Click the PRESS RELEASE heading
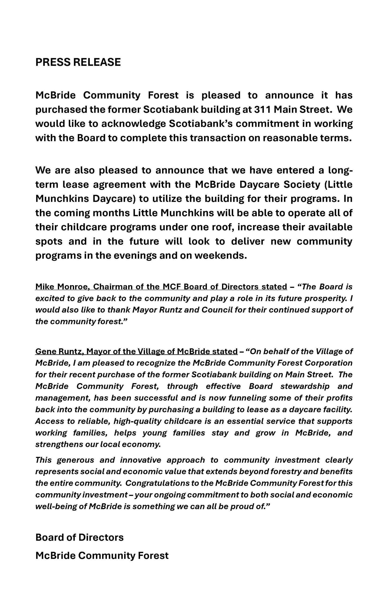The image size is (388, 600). coord(78,62)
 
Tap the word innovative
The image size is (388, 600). coord(141,460)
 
